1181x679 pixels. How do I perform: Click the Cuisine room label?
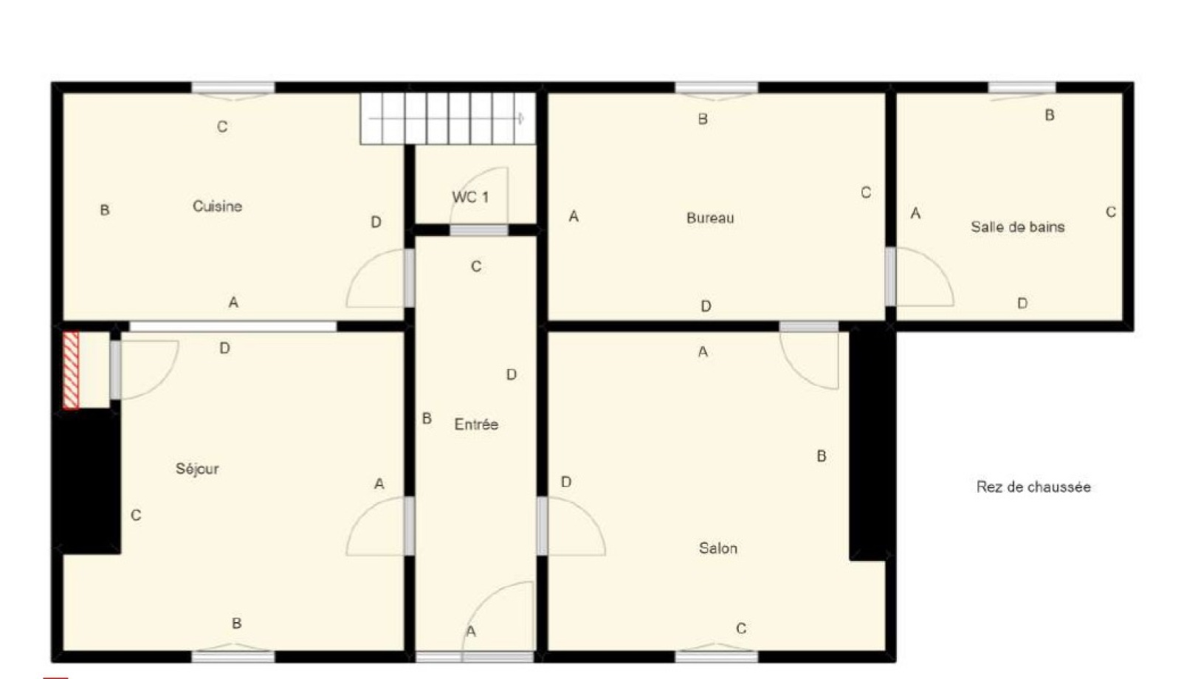pos(217,206)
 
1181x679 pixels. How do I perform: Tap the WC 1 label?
pos(470,198)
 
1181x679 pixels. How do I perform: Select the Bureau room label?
pos(710,218)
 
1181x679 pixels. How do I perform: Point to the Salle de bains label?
pos(1018,227)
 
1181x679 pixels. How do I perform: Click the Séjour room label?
pos(197,469)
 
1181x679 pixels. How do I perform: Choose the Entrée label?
pos(476,424)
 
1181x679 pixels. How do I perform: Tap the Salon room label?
pos(718,548)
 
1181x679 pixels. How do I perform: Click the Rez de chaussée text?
pos(1033,486)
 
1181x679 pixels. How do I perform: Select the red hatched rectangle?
pos(71,370)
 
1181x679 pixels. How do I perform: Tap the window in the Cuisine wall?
pos(233,89)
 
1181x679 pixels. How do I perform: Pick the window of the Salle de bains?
pos(1022,88)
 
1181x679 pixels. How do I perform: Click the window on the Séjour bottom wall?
pos(233,656)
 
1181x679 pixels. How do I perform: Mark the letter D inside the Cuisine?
pos(376,222)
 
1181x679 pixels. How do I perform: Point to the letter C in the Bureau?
pos(866,193)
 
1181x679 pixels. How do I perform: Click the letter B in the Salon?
pos(822,456)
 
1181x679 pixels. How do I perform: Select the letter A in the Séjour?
pos(379,484)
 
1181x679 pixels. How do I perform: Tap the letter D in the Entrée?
pos(512,375)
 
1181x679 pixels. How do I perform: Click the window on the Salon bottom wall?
pos(717,656)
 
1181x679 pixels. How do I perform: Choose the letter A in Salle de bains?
pos(916,213)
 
